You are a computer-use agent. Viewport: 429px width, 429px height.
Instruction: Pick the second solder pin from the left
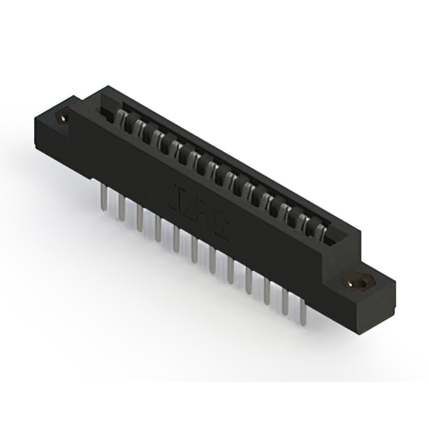[122, 208]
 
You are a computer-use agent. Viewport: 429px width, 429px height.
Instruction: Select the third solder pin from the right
[268, 292]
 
